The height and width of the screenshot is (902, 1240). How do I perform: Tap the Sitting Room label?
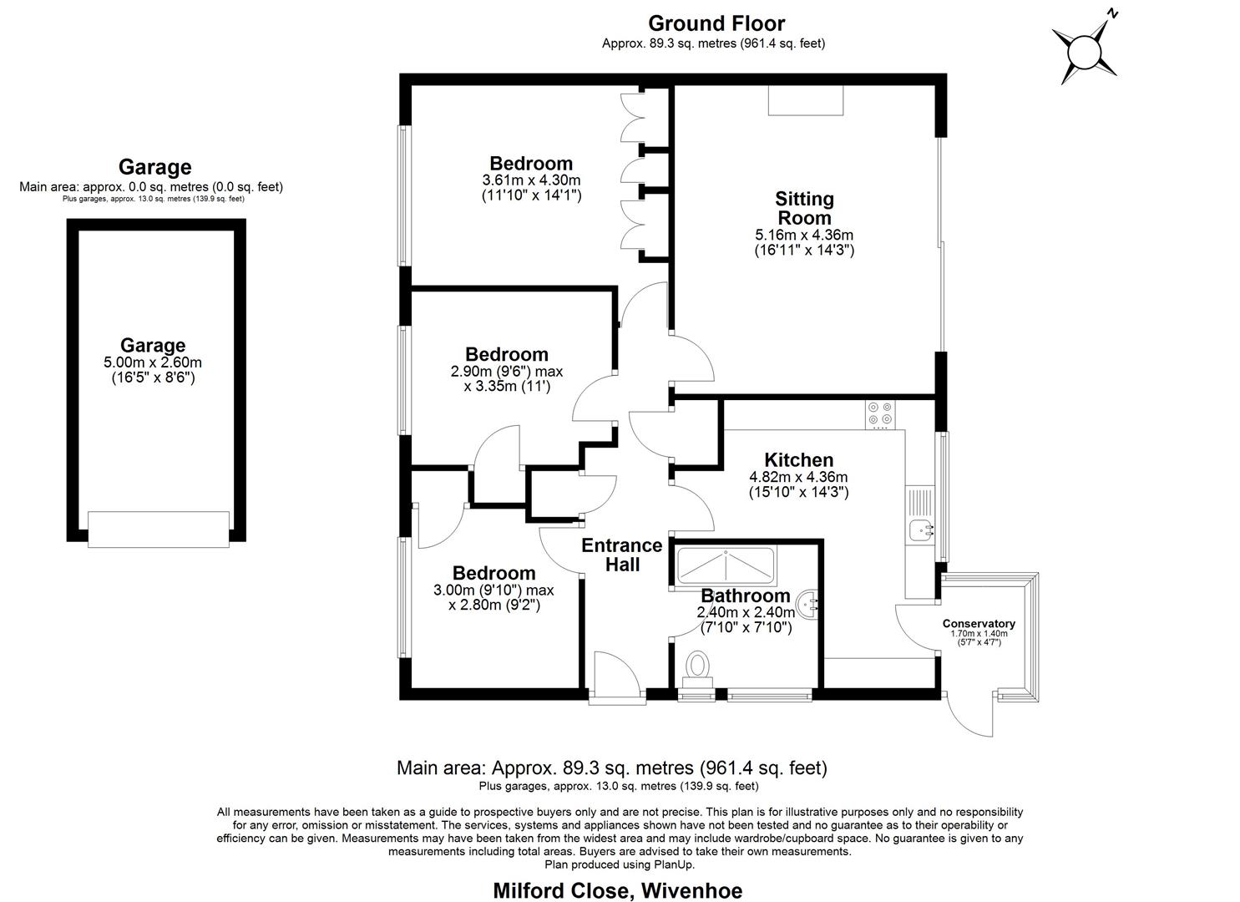click(x=804, y=208)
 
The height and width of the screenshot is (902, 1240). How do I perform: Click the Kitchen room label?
click(x=798, y=460)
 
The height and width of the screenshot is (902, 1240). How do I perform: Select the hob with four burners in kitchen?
click(x=880, y=413)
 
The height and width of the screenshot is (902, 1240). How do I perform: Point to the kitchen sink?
click(x=921, y=528)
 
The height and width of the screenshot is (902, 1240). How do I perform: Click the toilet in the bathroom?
click(x=696, y=668)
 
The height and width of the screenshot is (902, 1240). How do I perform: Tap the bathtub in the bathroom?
click(x=726, y=565)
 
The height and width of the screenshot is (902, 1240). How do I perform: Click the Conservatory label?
click(x=978, y=624)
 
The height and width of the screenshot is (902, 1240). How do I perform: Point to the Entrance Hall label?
click(x=622, y=555)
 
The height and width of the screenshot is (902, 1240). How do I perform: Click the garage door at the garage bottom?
click(x=159, y=530)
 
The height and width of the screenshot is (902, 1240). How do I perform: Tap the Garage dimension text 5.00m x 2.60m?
click(x=153, y=362)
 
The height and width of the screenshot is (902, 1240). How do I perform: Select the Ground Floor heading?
click(x=716, y=23)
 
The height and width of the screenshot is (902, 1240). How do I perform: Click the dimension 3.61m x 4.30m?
click(x=531, y=180)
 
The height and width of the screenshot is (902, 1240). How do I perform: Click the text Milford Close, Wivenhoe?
click(x=617, y=890)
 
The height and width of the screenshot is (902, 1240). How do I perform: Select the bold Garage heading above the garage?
click(x=154, y=167)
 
